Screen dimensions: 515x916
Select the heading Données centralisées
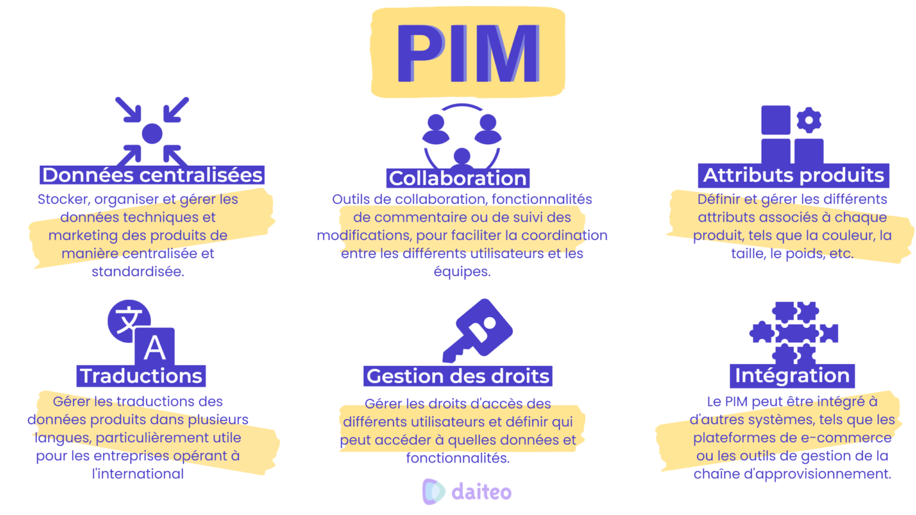click(x=152, y=175)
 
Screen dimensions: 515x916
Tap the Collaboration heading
click(x=458, y=178)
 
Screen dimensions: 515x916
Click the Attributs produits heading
click(x=793, y=175)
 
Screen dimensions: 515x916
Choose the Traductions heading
click(x=141, y=376)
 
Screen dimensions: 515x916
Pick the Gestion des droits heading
click(x=458, y=376)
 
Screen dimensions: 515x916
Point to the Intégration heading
click(x=792, y=376)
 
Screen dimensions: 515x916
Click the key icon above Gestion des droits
click(x=477, y=329)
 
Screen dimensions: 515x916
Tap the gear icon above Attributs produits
click(x=809, y=120)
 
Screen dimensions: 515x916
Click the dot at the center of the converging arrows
click(x=152, y=134)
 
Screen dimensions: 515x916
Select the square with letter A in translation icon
click(x=154, y=346)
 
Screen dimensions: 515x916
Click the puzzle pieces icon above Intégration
click(x=794, y=333)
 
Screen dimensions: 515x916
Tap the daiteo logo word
click(x=481, y=492)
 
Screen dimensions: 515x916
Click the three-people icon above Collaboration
click(x=462, y=137)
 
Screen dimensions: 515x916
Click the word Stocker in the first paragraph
click(x=62, y=200)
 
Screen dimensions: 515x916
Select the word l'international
click(x=138, y=474)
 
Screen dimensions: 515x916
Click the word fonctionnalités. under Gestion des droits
click(x=458, y=458)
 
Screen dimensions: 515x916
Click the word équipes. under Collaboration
click(x=462, y=272)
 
